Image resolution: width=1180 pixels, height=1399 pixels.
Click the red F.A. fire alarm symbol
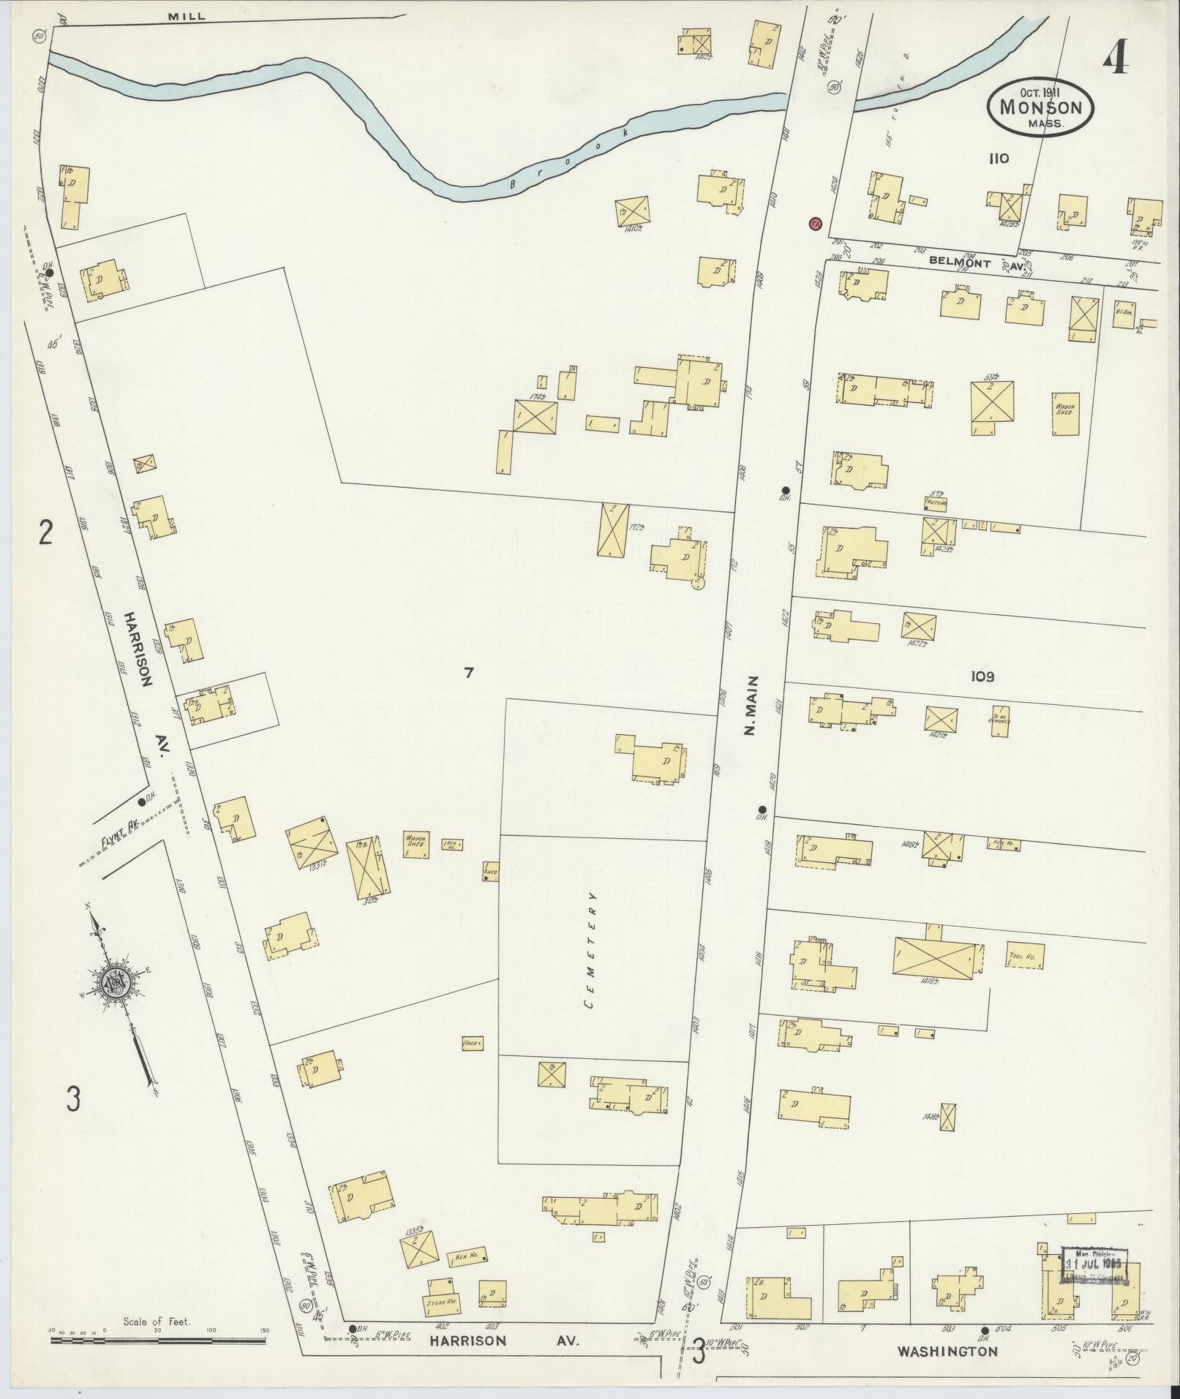[x=815, y=223]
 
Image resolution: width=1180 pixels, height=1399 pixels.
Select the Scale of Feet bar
[x=157, y=1340]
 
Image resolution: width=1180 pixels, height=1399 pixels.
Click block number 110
[x=997, y=158]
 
